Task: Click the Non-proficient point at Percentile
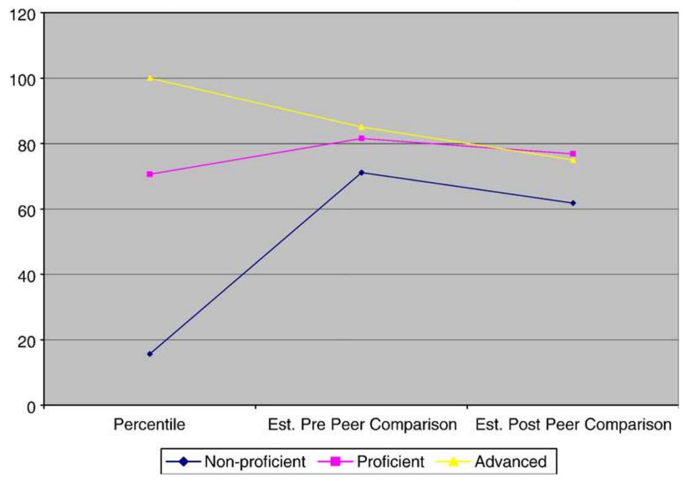(150, 354)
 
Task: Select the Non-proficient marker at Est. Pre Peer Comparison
(362, 173)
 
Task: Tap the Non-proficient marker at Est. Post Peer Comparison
(573, 203)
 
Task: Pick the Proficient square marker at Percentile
(150, 174)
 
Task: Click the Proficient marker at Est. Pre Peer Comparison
(362, 138)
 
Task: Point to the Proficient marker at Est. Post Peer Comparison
(573, 154)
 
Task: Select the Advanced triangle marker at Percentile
(150, 78)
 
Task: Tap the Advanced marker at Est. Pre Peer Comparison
(362, 127)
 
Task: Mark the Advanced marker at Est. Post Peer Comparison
(573, 160)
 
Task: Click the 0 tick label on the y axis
(31, 406)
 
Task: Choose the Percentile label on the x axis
(149, 425)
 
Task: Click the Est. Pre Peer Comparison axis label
(362, 425)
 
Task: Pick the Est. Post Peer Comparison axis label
(573, 425)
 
